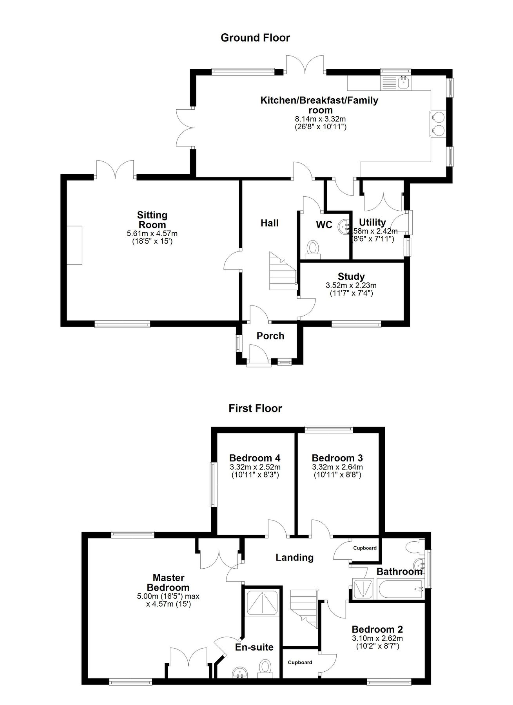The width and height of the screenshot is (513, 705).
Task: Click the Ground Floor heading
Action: pyautogui.click(x=255, y=38)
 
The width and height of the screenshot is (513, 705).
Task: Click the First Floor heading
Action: pyautogui.click(x=255, y=409)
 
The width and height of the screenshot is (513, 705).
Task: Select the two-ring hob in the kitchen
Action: pyautogui.click(x=438, y=123)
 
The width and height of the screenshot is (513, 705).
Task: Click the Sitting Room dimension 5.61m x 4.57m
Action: pyautogui.click(x=152, y=234)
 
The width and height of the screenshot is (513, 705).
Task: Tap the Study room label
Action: pyautogui.click(x=351, y=277)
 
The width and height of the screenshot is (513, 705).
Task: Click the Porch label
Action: pyautogui.click(x=270, y=336)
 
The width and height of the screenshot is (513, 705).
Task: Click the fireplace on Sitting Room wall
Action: pyautogui.click(x=74, y=245)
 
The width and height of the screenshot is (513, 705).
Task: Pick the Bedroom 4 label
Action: pyautogui.click(x=255, y=458)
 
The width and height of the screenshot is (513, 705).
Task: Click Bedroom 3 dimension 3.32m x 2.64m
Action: pyautogui.click(x=337, y=467)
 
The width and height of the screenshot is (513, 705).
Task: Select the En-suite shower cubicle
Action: pyautogui.click(x=261, y=604)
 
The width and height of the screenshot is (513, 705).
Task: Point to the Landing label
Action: pyautogui.click(x=294, y=557)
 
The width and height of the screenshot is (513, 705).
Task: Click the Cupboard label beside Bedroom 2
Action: pyautogui.click(x=300, y=663)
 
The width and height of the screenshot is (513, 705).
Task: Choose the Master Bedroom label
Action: pyautogui.click(x=169, y=582)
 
